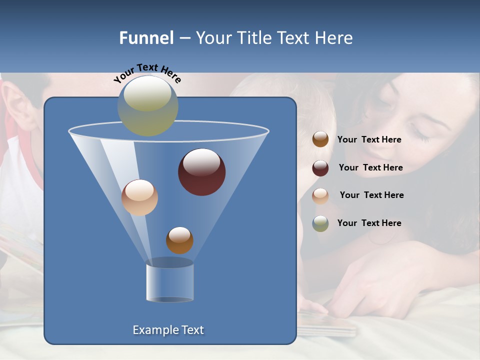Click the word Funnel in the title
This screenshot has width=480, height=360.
146,38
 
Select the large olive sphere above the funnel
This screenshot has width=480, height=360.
148,105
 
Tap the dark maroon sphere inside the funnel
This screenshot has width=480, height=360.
202,172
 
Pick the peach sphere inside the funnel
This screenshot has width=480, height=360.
139,197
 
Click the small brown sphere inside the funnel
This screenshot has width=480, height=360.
179,240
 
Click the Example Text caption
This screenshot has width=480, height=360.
168,330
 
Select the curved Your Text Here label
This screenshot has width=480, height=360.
147,73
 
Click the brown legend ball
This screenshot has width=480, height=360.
320,139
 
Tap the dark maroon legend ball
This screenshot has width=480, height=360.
320,168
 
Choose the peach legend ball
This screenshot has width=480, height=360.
320,195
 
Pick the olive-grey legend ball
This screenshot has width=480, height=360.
320,223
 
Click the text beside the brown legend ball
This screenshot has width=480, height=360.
369,140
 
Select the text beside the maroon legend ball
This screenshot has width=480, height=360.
370,168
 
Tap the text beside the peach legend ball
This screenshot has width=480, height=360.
371,195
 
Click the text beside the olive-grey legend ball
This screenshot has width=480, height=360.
369,223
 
